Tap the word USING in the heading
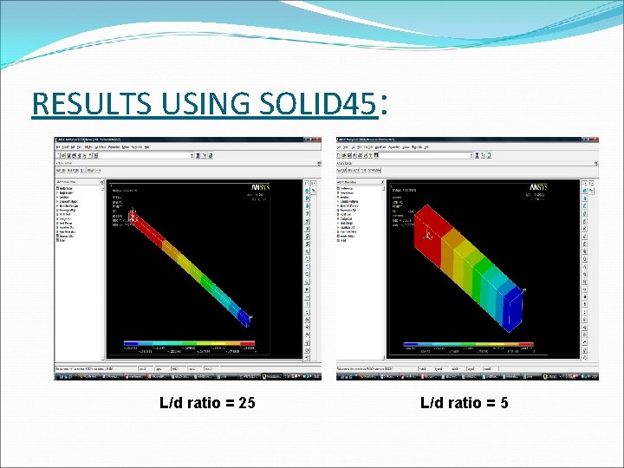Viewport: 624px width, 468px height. [192, 104]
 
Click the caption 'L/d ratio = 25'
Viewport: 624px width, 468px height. [207, 402]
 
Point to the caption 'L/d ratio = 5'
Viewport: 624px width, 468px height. [464, 402]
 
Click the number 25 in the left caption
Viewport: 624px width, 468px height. [246, 402]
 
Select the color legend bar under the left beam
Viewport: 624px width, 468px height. [190, 345]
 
